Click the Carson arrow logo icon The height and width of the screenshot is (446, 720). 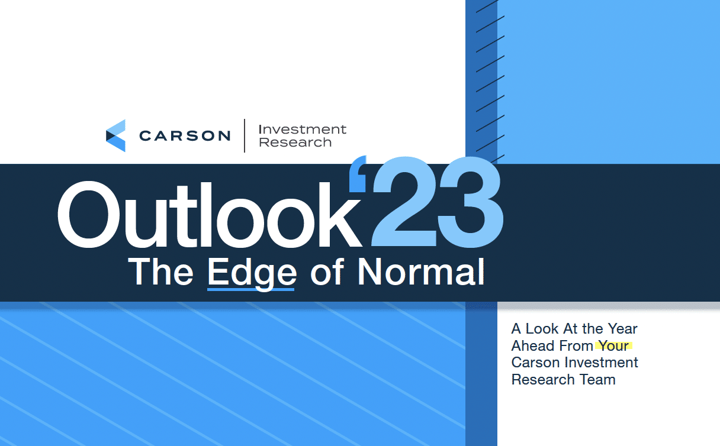(115, 135)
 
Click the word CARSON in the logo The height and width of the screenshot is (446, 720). (185, 136)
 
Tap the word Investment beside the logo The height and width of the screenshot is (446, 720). (303, 130)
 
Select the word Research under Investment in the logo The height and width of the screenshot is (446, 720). (295, 142)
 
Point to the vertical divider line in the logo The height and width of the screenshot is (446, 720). (245, 135)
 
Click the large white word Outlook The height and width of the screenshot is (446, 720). (209, 215)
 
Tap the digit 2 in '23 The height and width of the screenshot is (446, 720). (404, 202)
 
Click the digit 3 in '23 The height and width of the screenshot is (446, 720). (470, 202)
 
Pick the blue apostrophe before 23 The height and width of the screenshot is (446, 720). (358, 174)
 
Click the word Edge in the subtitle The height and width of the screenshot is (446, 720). (252, 273)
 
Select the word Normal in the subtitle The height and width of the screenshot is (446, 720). (421, 272)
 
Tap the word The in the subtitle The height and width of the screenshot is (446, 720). (160, 272)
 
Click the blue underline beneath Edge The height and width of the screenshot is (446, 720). (250, 290)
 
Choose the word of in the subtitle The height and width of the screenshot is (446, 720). (327, 272)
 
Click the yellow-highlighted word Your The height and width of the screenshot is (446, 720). (613, 346)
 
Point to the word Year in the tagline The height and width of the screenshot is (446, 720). (622, 329)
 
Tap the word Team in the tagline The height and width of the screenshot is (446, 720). (597, 380)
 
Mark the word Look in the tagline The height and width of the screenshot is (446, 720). (542, 329)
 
